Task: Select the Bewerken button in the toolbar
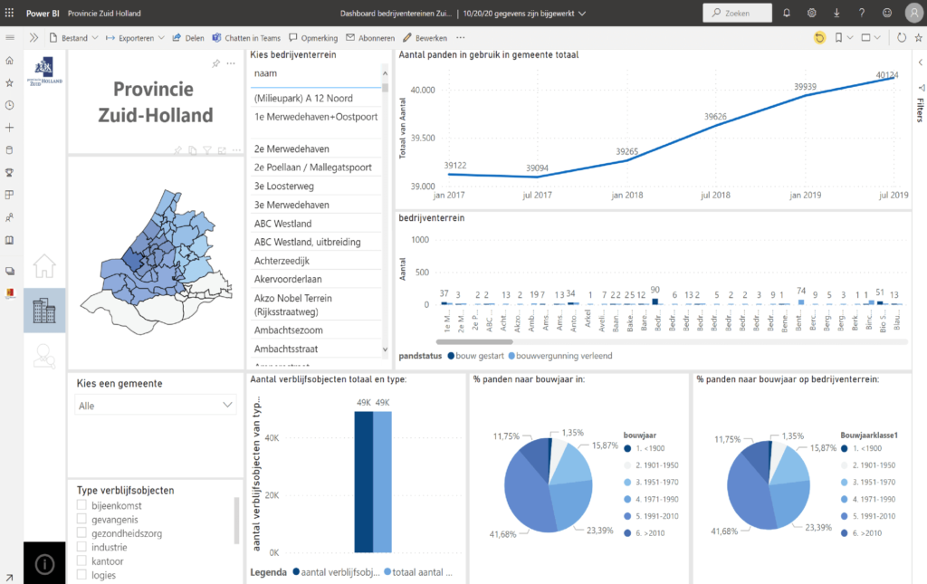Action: [425, 38]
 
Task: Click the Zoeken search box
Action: [738, 14]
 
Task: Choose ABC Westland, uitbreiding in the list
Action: [307, 242]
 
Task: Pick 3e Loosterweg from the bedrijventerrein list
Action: [290, 186]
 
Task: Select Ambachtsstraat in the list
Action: [289, 349]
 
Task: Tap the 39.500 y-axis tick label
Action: [422, 139]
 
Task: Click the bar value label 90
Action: [655, 290]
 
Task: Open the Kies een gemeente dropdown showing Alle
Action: [156, 406]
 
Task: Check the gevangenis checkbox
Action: [82, 519]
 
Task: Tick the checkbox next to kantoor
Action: [82, 561]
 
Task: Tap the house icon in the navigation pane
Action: [44, 266]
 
